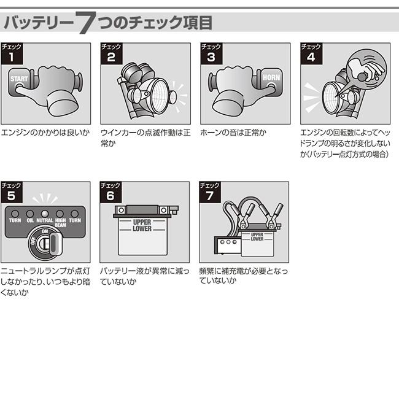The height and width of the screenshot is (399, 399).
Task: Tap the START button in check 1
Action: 18,80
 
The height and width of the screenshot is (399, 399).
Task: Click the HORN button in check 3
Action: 271,78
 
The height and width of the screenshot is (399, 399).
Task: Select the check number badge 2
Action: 110,53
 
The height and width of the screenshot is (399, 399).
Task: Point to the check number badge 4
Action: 311,53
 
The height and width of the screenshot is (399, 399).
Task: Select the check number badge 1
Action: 11,53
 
